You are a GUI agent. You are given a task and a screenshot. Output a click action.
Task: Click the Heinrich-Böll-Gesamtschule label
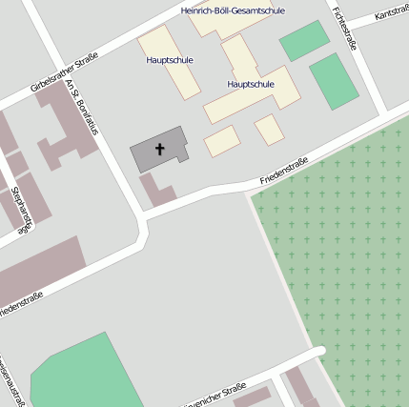(233, 10)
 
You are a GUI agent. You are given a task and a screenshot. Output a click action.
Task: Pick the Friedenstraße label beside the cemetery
(283, 172)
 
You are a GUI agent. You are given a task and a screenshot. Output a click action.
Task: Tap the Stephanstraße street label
(22, 214)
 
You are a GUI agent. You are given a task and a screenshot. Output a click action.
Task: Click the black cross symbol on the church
(159, 149)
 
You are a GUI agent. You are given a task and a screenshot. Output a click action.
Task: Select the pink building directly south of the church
(156, 190)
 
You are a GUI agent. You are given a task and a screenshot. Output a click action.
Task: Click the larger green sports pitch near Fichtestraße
(334, 80)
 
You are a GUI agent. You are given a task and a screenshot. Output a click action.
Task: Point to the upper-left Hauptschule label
(170, 59)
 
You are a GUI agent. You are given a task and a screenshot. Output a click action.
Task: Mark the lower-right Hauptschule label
(251, 84)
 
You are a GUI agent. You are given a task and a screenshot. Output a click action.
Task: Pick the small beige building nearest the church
(221, 141)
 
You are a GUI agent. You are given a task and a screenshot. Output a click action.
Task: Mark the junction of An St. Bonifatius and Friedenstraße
(144, 227)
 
